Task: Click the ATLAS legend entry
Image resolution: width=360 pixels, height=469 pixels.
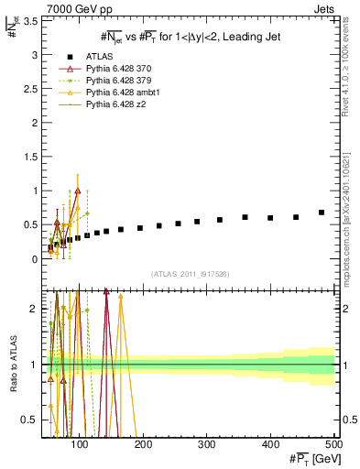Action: tap(97, 57)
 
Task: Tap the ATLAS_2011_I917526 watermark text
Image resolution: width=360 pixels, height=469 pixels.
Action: tap(191, 275)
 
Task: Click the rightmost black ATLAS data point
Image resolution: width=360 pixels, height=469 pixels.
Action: tap(321, 213)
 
